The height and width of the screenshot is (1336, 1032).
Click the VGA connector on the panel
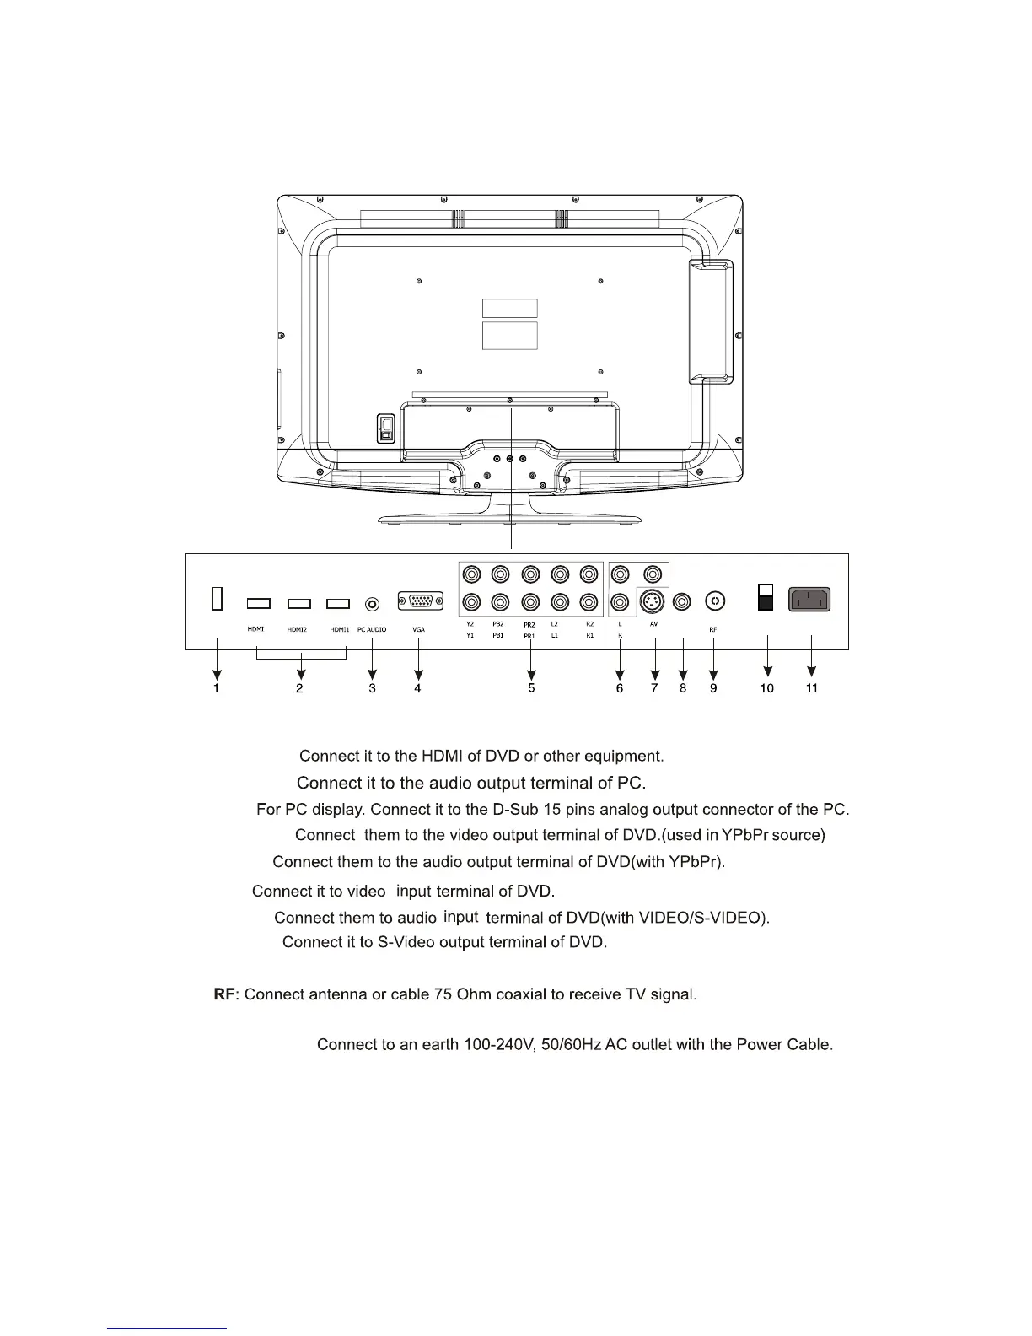click(x=419, y=601)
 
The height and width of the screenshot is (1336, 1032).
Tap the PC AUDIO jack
click(x=372, y=604)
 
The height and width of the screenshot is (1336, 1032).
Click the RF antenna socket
click(x=715, y=601)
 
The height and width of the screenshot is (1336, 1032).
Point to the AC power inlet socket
click(x=809, y=600)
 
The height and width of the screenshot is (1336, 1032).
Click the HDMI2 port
click(x=299, y=603)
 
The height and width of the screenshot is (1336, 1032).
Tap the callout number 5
click(x=531, y=688)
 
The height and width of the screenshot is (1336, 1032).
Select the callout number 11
click(x=812, y=688)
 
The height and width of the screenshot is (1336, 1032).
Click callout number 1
click(x=217, y=688)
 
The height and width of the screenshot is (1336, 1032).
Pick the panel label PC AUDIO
click(x=372, y=629)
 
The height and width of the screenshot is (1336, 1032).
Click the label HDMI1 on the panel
click(x=339, y=629)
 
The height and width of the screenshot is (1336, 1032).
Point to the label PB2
click(x=498, y=624)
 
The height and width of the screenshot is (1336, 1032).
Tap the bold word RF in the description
click(x=223, y=994)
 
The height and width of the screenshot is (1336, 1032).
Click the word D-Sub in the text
click(x=515, y=810)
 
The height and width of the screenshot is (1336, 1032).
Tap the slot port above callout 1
click(x=217, y=598)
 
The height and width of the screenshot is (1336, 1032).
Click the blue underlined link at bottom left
click(x=168, y=1328)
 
